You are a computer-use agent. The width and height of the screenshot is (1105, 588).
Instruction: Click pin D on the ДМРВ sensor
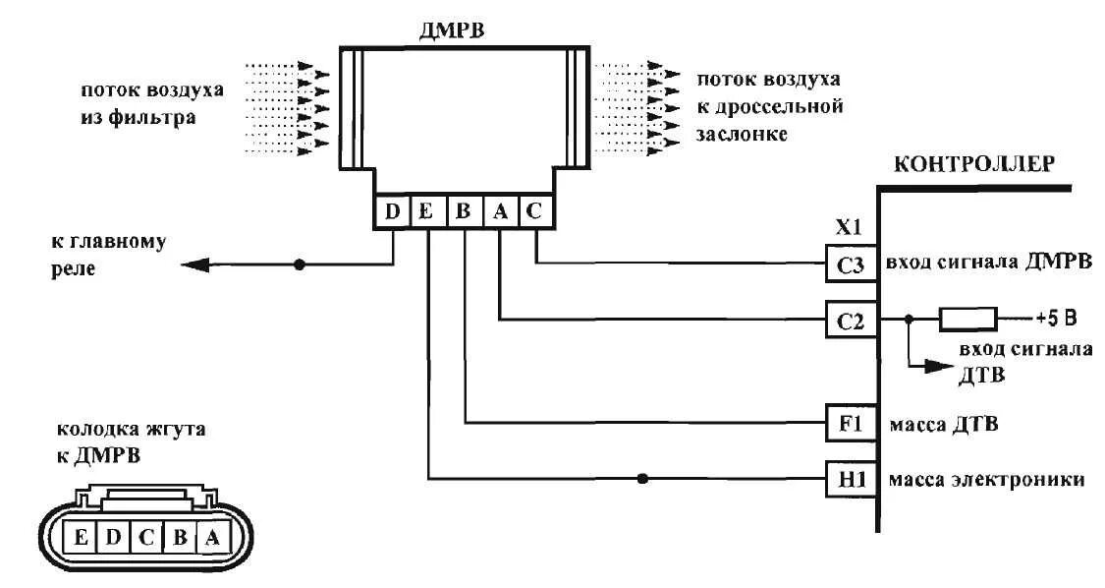tap(392, 210)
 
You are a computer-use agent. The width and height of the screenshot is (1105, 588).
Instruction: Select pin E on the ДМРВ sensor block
tap(426, 210)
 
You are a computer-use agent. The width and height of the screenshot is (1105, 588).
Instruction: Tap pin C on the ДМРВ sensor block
tap(535, 210)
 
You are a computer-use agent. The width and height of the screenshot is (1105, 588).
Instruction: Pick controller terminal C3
tap(851, 265)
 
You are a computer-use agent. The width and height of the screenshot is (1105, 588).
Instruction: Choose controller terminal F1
tap(851, 425)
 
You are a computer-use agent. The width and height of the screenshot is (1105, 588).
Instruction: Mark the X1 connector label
tap(848, 228)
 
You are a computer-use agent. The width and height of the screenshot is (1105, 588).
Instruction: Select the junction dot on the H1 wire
tap(643, 479)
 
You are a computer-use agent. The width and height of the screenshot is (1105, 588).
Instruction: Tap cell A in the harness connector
tap(213, 537)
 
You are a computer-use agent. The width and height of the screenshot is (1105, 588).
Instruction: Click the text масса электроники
tap(986, 480)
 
